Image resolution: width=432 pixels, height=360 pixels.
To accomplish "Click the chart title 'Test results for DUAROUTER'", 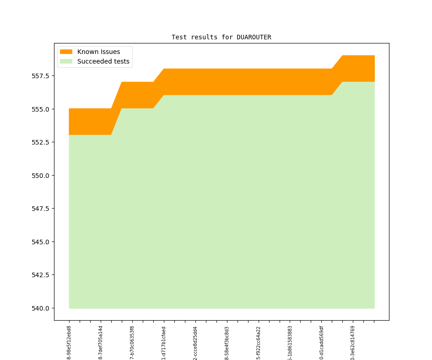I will pos(221,37).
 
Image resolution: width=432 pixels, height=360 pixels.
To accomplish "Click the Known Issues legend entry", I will pos(98,52).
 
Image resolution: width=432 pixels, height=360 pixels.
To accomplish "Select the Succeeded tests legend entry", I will pos(103,61).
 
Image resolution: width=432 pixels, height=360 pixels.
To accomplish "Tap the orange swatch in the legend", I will pos(66,52).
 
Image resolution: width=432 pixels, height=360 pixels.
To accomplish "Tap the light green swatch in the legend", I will pos(66,61).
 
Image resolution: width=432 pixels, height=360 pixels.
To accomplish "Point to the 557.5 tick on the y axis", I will pos(42,76).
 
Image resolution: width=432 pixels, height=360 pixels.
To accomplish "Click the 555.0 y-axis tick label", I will pos(42,109).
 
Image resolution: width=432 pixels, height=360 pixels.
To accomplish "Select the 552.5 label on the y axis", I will pos(42,142).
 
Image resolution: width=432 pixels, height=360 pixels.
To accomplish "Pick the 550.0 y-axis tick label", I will pos(42,176).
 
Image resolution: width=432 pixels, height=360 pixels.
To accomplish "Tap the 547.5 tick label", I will pos(42,209).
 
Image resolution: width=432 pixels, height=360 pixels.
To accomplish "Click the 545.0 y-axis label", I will pos(42,242).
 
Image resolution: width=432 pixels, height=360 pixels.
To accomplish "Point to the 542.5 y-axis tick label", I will pos(42,275).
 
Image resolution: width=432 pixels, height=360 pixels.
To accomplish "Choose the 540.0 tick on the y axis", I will pos(42,308).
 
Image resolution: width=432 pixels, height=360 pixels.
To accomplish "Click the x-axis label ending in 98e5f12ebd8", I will pos(69,342).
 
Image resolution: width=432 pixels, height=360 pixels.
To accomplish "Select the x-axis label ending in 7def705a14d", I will pos(101,342).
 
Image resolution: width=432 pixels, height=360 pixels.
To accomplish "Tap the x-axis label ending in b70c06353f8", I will pos(132,342).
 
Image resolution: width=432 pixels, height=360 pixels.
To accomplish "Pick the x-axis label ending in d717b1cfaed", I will pos(164,342).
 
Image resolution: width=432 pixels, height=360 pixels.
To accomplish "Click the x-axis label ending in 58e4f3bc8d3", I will pos(227,342).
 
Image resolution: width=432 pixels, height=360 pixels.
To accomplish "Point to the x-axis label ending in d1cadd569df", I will pos(321,342).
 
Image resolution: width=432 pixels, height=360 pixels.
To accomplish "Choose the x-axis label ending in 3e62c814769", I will pos(353,342).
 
